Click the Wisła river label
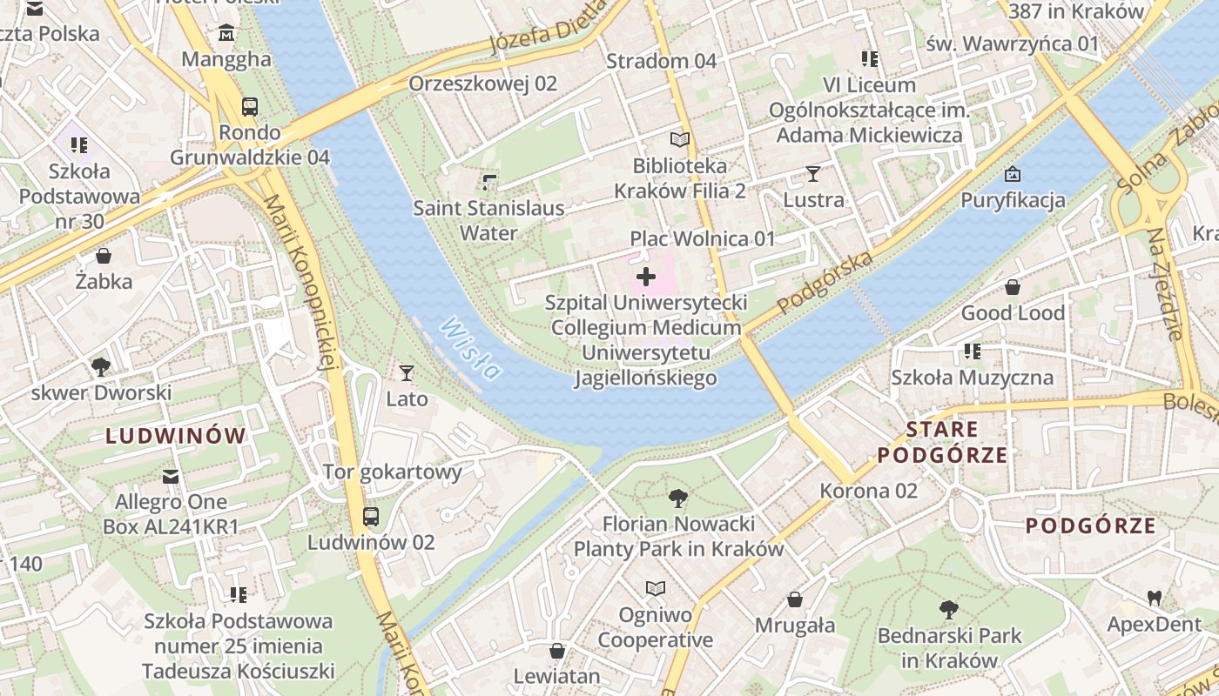coord(471,349)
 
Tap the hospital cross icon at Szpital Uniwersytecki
coord(646,278)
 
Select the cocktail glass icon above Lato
coord(406,373)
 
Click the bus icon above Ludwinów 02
coord(371,517)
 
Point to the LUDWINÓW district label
coord(176,437)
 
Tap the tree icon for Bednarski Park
coord(949,610)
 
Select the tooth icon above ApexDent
coord(1155,599)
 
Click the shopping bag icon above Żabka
coord(104,256)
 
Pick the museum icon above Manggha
coord(226,34)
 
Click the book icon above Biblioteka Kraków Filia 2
coord(679,139)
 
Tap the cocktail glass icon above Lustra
coord(812,174)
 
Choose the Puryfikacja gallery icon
coord(1012,175)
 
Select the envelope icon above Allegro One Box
coord(171,476)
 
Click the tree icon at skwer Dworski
coord(101,366)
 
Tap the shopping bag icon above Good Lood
coord(1013,287)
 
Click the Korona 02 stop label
coord(868,491)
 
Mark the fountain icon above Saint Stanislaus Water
coord(488,182)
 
